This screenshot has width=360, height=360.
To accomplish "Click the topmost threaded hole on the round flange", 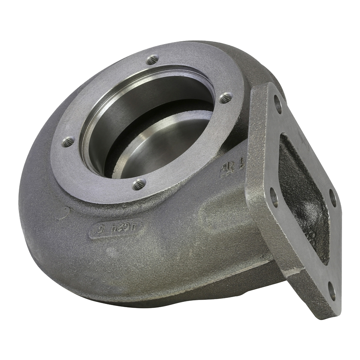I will [x=152, y=60].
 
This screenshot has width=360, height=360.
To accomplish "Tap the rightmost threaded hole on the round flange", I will [x=226, y=97].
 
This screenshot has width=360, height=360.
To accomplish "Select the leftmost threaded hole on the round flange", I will [x=68, y=142].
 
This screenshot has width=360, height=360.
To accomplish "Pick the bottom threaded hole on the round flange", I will [x=139, y=184].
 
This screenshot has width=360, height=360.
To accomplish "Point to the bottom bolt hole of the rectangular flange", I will [x=332, y=291].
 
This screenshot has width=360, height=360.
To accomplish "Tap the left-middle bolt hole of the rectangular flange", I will [x=274, y=197].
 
